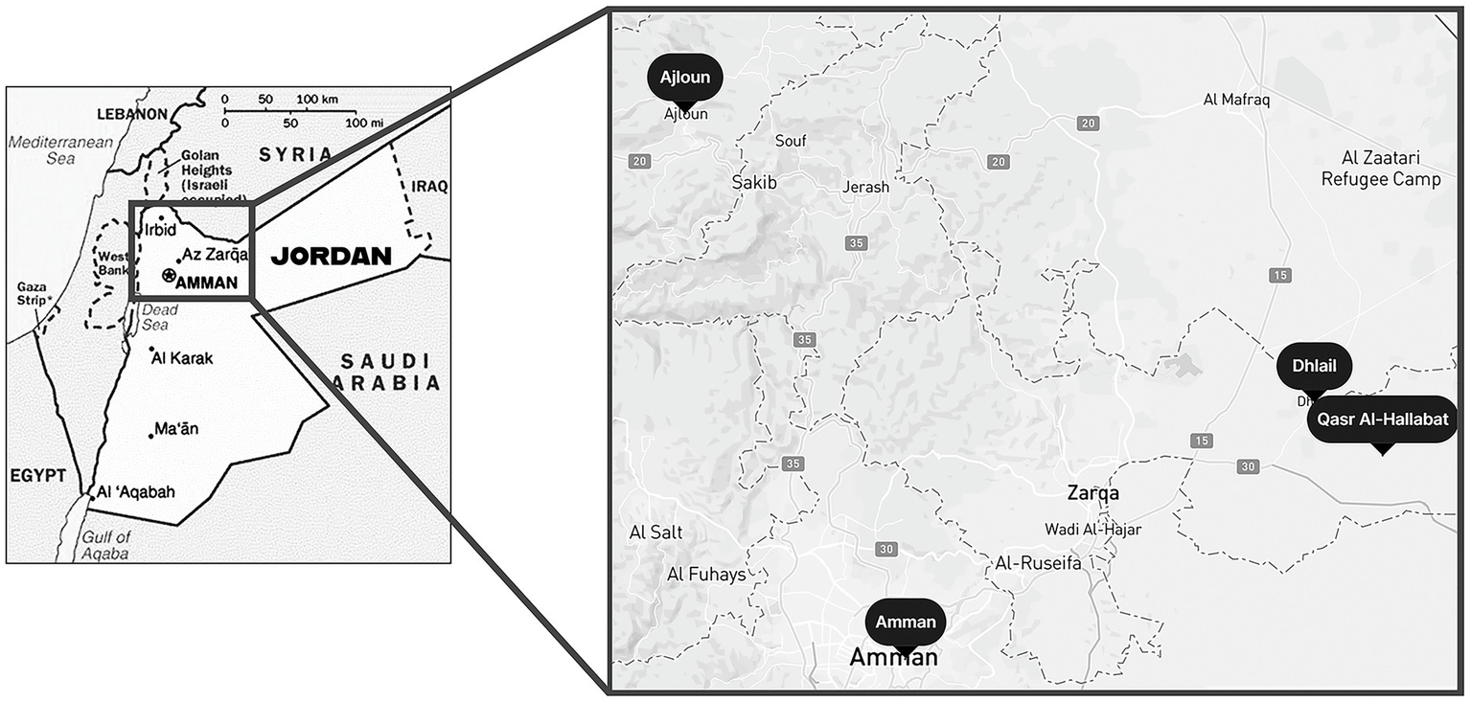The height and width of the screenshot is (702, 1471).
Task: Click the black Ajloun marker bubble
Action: (x=685, y=78)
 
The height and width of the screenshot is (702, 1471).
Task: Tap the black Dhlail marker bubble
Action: (x=1314, y=365)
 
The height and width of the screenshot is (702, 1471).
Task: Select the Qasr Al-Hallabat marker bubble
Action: (x=1381, y=419)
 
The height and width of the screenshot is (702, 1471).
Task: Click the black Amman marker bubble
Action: (x=906, y=622)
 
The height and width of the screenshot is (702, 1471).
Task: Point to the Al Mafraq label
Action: (x=1236, y=100)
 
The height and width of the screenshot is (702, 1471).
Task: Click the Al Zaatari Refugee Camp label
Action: (x=1380, y=169)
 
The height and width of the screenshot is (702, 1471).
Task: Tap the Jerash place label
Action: (x=865, y=187)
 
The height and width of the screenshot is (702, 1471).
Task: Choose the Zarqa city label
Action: (x=1093, y=493)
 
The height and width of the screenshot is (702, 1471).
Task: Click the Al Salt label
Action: (x=656, y=532)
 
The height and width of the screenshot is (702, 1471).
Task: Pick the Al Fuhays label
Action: (x=705, y=574)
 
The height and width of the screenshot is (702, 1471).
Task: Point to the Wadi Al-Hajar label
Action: (x=1093, y=529)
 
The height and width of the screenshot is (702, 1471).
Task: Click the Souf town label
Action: (x=791, y=141)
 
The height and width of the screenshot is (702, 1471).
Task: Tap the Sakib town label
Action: (x=754, y=182)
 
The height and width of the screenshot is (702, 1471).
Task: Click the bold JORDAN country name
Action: (x=331, y=257)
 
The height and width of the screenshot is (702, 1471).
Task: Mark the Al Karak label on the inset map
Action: (x=182, y=358)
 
